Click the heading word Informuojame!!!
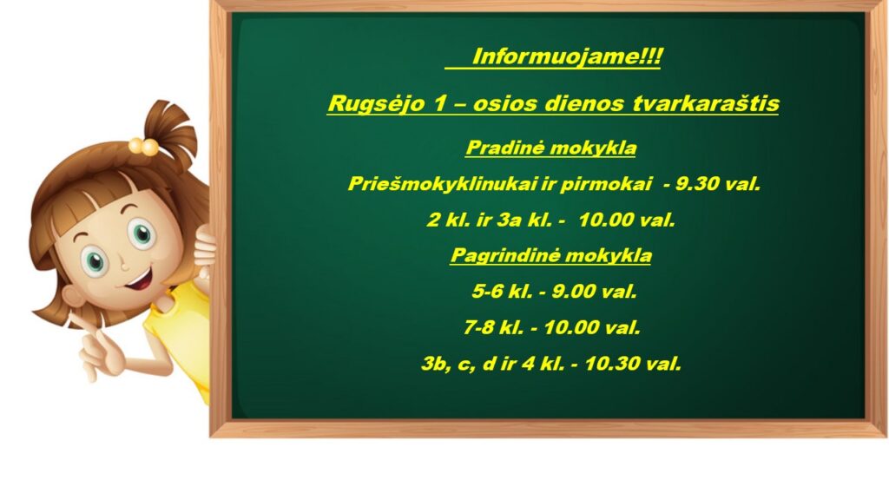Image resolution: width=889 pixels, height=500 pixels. [566, 56]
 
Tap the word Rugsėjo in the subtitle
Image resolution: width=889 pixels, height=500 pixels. [376, 104]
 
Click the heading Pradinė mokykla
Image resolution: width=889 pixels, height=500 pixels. [550, 148]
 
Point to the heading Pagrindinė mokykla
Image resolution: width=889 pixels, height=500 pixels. [550, 256]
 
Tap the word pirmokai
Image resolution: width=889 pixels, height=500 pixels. [606, 184]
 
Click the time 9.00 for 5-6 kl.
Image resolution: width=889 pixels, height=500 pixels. [574, 292]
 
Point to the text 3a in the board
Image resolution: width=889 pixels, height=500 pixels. [509, 220]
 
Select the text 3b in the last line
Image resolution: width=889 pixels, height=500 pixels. [435, 364]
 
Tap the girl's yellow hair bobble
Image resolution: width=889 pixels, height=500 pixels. [143, 147]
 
